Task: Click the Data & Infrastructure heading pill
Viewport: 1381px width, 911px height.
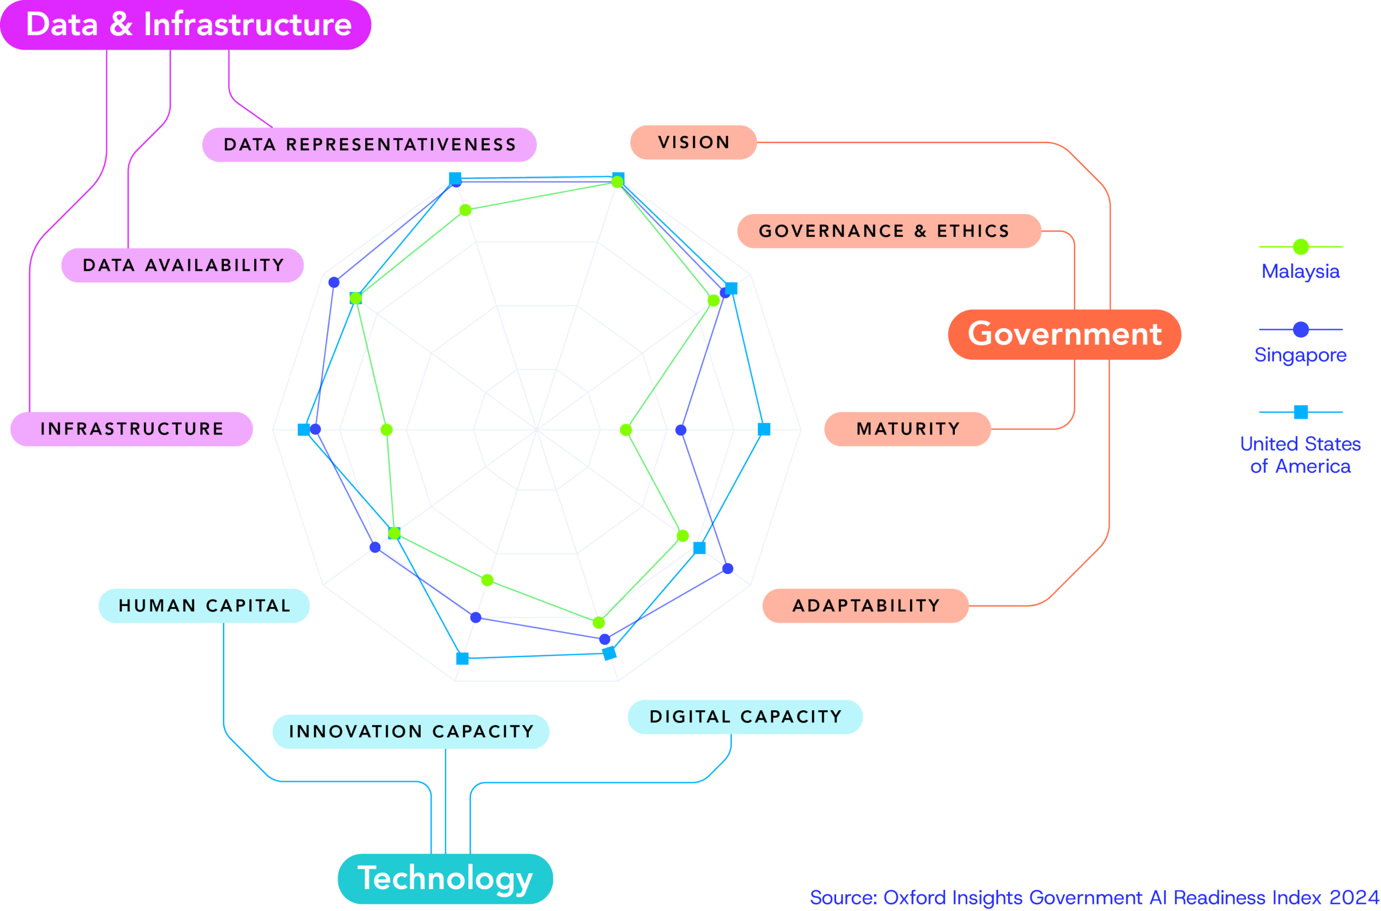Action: [x=186, y=25]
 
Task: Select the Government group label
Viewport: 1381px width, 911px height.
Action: [x=1064, y=334]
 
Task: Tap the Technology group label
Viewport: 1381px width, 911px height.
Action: [x=445, y=878]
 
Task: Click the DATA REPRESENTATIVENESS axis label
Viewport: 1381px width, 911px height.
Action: [x=370, y=145]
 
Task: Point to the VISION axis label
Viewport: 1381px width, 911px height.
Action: [x=693, y=142]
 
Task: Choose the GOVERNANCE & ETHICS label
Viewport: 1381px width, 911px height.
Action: [x=888, y=231]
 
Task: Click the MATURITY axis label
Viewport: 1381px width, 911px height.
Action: [x=907, y=429]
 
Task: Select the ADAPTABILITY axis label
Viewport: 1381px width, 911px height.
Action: [x=865, y=606]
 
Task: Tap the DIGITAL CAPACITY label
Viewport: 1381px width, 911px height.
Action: [x=745, y=716]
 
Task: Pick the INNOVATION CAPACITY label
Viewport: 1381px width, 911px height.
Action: [x=411, y=731]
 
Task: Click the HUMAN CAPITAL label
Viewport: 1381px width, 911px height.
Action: [x=204, y=606]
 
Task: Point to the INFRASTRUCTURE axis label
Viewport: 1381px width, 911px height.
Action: [x=132, y=429]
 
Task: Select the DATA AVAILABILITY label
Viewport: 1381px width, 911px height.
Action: [x=183, y=266]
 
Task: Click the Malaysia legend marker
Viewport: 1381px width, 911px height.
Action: [x=1301, y=247]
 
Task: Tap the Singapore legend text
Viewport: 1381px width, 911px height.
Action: [x=1300, y=355]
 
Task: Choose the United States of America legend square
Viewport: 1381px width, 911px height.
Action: [x=1301, y=412]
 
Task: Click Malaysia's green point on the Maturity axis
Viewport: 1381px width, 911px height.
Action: [x=625, y=430]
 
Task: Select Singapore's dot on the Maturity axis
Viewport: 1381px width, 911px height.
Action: [x=681, y=430]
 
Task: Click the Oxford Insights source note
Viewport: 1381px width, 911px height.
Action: [x=1094, y=897]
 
